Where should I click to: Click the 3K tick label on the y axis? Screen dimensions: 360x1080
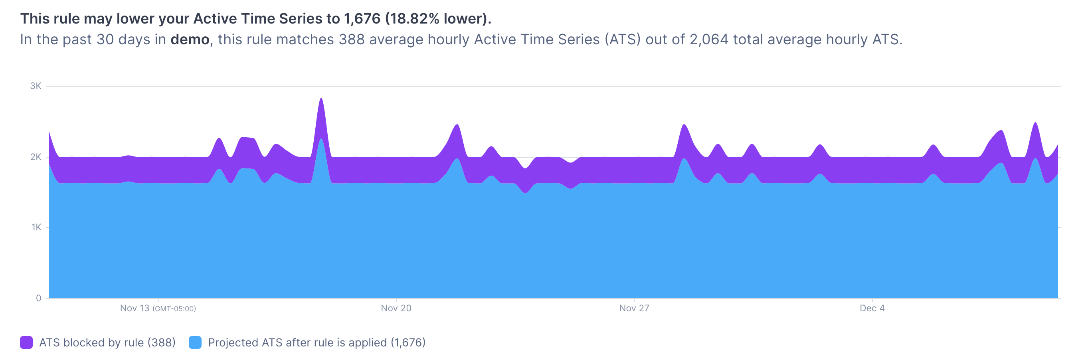tap(36, 86)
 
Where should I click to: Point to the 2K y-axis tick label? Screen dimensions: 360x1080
tap(36, 157)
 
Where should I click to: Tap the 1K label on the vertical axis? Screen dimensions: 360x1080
tap(36, 227)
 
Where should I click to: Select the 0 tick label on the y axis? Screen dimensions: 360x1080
tap(39, 298)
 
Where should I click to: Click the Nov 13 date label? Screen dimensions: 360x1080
tap(135, 309)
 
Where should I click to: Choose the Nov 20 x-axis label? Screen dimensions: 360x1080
tap(396, 309)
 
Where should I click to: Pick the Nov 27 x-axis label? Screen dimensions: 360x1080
tap(634, 309)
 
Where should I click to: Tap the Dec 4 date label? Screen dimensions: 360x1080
tap(872, 309)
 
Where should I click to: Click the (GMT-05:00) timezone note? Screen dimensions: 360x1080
tap(174, 309)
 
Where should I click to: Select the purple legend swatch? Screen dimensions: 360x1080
tap(26, 342)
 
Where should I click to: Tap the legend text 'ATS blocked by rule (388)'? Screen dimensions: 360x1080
tap(107, 342)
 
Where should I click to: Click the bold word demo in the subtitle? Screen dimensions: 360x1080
tap(190, 40)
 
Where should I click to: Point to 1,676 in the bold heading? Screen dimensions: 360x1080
tap(362, 18)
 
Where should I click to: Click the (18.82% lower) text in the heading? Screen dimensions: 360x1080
tap(438, 18)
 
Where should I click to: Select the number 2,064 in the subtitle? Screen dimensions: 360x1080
tap(709, 40)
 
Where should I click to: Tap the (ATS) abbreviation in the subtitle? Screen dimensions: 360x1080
tap(623, 40)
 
